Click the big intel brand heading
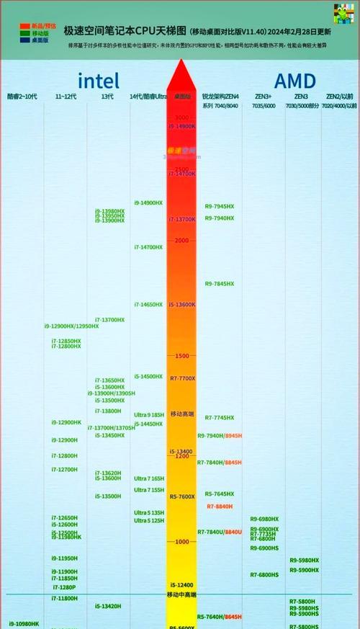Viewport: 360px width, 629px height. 99,80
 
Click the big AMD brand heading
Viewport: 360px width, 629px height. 294,80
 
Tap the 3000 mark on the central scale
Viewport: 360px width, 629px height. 181,117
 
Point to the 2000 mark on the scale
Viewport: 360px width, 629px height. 181,241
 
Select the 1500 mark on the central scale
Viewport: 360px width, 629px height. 181,356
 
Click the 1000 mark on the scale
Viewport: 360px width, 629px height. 181,542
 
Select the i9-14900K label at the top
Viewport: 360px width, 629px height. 182,126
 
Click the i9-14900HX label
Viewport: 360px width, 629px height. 148,202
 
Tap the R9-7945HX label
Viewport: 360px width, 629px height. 220,207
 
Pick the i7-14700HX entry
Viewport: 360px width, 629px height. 148,247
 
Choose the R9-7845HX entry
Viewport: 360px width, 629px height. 220,284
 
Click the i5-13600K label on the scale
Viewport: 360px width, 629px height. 182,305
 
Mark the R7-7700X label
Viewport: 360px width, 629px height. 182,378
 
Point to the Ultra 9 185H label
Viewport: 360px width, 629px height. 149,415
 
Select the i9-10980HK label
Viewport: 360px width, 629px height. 24,623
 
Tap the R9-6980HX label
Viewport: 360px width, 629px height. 264,519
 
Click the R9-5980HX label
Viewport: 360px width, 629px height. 304,561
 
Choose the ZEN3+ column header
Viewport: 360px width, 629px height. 263,96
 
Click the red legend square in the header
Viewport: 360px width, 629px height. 24,26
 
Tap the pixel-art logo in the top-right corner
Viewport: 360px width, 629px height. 343,14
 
